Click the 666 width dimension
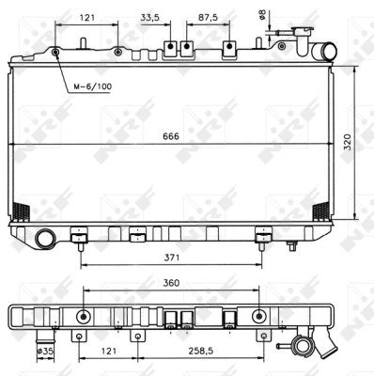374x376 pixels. click(x=171, y=135)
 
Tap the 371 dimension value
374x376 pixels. click(x=170, y=256)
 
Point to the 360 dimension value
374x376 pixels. click(x=170, y=283)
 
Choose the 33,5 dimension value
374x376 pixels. click(x=149, y=18)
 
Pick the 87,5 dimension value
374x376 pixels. click(x=208, y=18)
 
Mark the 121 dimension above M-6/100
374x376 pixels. click(x=87, y=18)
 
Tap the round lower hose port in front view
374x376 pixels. click(x=43, y=240)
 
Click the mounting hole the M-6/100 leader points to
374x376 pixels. click(x=56, y=52)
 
